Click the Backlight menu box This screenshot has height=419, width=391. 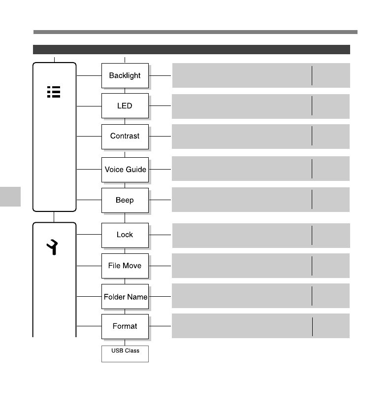coord(125,75)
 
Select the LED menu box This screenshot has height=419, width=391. coord(125,105)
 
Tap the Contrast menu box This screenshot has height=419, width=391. coord(125,136)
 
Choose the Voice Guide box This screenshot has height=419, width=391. coord(125,170)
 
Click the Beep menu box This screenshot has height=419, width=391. coord(125,200)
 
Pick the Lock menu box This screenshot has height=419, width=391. coord(125,235)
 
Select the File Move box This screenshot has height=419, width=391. coord(125,266)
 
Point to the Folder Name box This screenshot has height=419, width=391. coord(125,297)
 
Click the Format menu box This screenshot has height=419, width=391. coord(125,326)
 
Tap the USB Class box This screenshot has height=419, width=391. coord(125,353)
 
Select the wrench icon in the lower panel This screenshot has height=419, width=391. coord(53,244)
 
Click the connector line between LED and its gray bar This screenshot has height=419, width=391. coord(160,105)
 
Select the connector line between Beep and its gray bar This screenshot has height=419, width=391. coord(160,200)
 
